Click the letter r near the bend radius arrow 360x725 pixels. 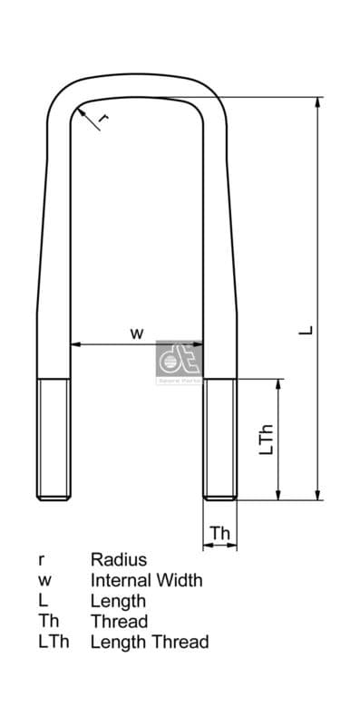[102, 119]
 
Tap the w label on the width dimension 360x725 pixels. [136, 333]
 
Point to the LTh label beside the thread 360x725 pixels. [266, 439]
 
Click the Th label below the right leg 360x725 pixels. [220, 534]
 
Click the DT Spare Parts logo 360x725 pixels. [178, 362]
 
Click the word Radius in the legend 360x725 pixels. [118, 560]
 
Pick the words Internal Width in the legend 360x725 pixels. [146, 580]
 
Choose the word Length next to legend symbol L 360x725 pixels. [118, 601]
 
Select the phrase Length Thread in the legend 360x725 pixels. [150, 642]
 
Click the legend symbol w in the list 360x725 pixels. [44, 581]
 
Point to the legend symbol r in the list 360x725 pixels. [41, 560]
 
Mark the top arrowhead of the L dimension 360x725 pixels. [317, 102]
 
